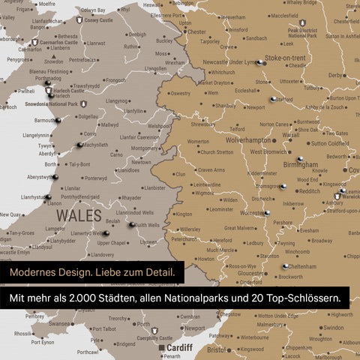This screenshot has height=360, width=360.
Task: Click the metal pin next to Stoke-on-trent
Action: (x=259, y=63)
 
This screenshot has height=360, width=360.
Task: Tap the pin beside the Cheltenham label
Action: (x=285, y=265)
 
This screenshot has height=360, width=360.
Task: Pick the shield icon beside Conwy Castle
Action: (x=80, y=21)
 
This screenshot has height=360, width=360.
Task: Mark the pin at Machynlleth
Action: (x=79, y=145)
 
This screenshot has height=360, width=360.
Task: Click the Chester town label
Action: (x=196, y=32)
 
